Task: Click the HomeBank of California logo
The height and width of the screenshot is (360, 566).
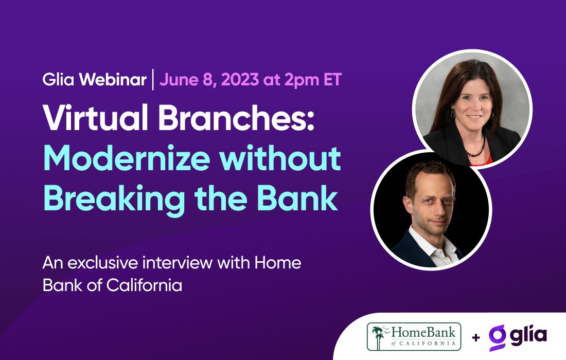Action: click(x=414, y=337)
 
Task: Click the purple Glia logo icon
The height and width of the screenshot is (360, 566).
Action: click(x=497, y=337)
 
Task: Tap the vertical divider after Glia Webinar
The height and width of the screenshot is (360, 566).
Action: click(x=153, y=81)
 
